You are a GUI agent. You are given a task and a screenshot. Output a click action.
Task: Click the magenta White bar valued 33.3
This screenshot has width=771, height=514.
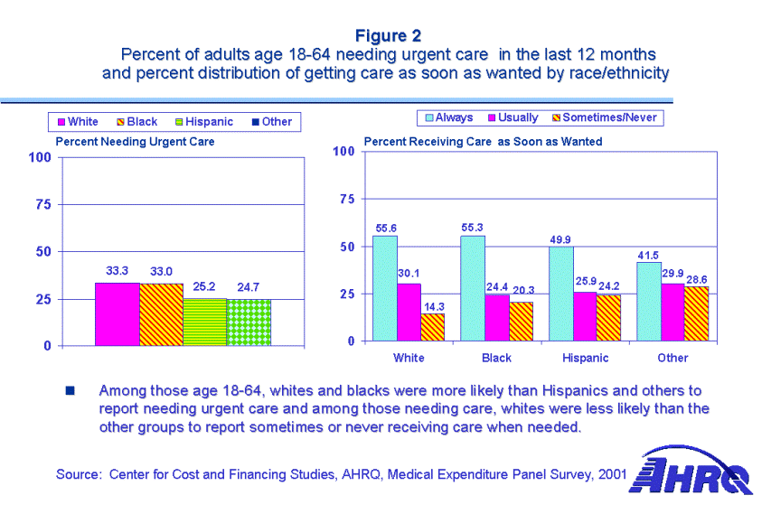point(118,314)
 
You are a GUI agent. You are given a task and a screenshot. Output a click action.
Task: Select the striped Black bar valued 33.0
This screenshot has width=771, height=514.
point(161,314)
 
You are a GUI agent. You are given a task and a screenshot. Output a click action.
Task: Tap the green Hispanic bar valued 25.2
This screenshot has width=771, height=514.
point(205,322)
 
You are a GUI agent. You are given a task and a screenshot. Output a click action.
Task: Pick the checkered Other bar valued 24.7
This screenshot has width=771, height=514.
point(249,322)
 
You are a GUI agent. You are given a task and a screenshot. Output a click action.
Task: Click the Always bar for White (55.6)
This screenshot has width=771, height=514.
point(385,288)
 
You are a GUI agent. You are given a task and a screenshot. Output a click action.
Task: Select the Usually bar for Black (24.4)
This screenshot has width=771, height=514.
point(496,318)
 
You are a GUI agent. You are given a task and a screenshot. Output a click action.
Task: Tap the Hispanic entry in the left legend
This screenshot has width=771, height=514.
point(207,122)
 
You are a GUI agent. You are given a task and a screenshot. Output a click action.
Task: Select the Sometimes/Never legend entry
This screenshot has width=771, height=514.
point(605,117)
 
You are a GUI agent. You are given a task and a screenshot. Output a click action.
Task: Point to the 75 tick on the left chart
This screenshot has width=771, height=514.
point(42,205)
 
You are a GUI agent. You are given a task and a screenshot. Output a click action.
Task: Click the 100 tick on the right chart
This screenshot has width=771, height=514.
point(342,151)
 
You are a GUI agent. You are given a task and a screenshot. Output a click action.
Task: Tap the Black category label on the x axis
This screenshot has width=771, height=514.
point(496,358)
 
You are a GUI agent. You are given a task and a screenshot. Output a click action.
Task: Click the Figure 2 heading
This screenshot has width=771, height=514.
point(388,36)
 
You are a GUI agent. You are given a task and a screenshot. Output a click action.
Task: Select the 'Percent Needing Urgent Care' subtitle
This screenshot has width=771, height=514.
point(136,142)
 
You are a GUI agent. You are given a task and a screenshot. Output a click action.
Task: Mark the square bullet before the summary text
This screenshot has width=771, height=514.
point(69,392)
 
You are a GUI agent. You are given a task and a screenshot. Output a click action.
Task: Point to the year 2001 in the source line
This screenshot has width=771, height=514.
point(613,474)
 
